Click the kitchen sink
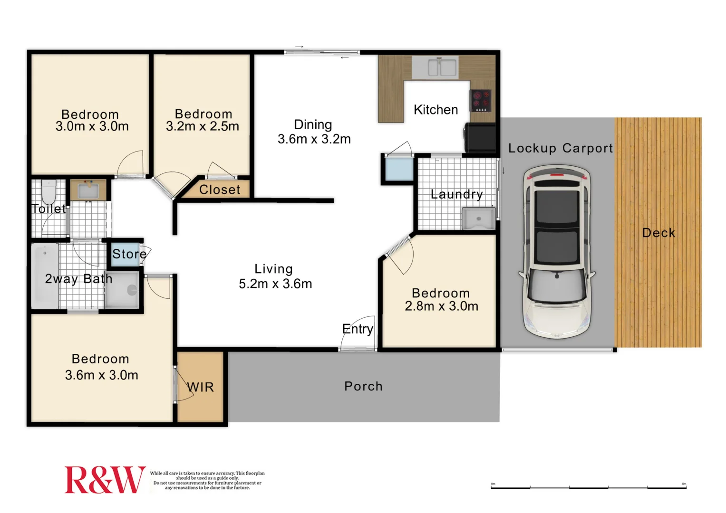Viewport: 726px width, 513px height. (x=435, y=67)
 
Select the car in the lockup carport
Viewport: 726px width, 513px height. (x=556, y=252)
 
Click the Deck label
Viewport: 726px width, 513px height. (x=658, y=233)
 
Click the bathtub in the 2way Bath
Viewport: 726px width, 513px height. (x=45, y=275)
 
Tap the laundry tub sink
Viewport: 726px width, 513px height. (x=478, y=218)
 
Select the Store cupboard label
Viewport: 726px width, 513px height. (x=129, y=254)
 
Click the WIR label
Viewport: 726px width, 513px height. (x=200, y=387)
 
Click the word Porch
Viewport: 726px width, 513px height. (x=363, y=386)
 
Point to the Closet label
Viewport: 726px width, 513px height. (x=220, y=190)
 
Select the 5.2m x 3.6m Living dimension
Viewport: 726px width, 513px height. (x=275, y=284)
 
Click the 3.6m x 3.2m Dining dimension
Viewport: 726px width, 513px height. (x=314, y=139)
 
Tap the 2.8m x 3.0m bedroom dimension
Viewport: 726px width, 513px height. (x=441, y=306)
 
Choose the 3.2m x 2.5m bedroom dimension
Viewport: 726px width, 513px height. (x=202, y=126)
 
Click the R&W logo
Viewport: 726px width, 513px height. (x=105, y=480)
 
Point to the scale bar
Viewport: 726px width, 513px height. (x=588, y=487)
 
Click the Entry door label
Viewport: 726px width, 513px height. (x=358, y=329)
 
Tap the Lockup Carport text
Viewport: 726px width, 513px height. (x=560, y=148)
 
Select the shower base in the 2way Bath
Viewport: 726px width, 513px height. (x=122, y=290)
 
